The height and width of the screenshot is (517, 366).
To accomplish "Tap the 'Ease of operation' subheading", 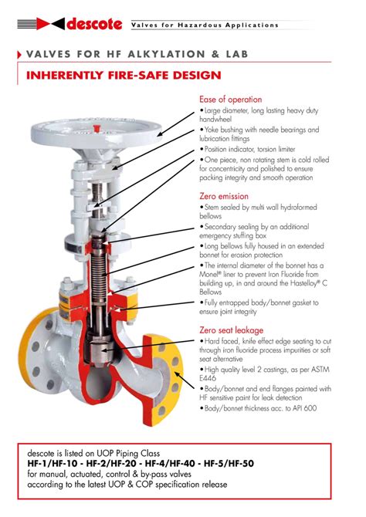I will tap(230, 100).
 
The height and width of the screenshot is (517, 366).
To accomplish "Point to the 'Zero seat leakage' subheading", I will tap(230, 329).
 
